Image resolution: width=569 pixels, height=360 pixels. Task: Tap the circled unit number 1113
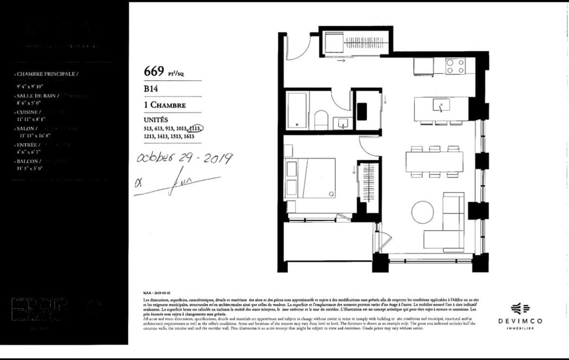pos(196,129)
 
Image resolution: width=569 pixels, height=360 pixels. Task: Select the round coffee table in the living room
pos(422,212)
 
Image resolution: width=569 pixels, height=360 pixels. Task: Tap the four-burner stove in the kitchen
pos(455,66)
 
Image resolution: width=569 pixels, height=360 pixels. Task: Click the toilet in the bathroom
pos(321,120)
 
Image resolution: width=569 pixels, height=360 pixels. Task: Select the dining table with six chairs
pos(434,162)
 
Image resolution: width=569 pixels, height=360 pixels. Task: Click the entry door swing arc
pos(299,47)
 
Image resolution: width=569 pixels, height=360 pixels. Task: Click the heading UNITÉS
pos(156,120)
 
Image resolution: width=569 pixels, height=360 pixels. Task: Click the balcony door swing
pos(383,240)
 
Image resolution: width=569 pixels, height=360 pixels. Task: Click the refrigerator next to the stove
pos(423,66)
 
